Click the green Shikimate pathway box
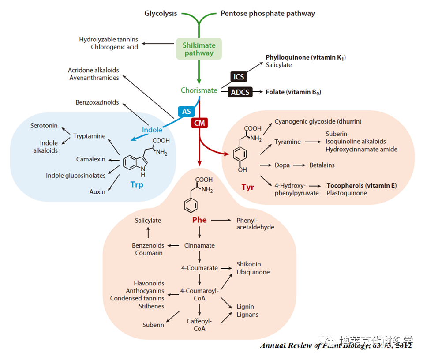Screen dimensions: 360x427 [199, 49]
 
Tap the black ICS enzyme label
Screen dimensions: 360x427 [239, 77]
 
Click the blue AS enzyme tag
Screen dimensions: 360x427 [186, 111]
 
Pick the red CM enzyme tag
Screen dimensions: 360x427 [199, 123]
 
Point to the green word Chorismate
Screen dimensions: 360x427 [199, 90]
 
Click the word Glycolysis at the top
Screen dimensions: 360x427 [161, 13]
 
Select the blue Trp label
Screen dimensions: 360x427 [137, 185]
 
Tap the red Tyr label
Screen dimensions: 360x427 [248, 187]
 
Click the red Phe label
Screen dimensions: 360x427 [199, 220]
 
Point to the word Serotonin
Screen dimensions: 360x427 [44, 126]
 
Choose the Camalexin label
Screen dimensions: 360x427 [90, 159]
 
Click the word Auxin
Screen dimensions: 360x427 [97, 192]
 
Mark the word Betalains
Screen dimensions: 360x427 [322, 165]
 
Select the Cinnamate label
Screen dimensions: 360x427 [199, 245]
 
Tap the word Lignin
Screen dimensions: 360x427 [245, 307]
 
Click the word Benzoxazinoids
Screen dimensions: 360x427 [97, 102]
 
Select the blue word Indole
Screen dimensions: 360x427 [152, 130]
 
